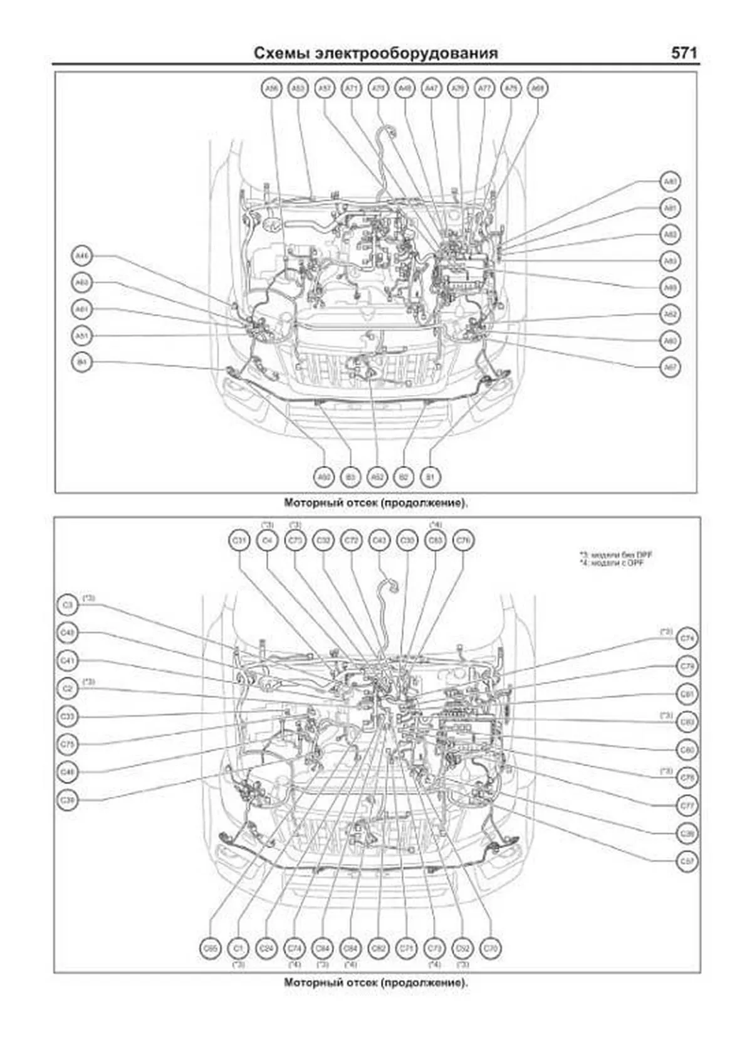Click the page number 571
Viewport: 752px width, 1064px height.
pyautogui.click(x=684, y=53)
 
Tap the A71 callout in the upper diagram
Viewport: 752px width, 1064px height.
pyautogui.click(x=351, y=89)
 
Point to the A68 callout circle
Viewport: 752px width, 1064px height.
pyautogui.click(x=538, y=89)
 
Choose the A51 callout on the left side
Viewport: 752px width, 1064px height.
pyautogui.click(x=81, y=335)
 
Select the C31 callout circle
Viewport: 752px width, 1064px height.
pyautogui.click(x=239, y=540)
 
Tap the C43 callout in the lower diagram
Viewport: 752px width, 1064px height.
pyautogui.click(x=379, y=540)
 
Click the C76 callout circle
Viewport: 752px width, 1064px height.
pyautogui.click(x=463, y=540)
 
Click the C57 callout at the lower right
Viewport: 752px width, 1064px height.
pyautogui.click(x=687, y=861)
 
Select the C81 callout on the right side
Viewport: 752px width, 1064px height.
pyautogui.click(x=687, y=694)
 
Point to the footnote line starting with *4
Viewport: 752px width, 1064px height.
pyautogui.click(x=611, y=563)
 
